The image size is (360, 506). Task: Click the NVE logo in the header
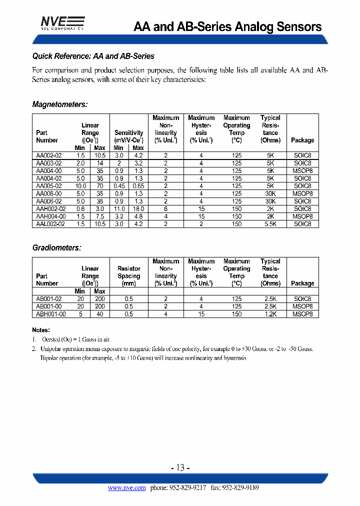pos(62,23)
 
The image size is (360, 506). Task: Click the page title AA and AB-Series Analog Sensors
pos(227,27)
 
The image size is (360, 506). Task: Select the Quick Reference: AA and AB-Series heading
pos(93,56)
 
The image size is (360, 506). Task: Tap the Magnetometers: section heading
pos(60,104)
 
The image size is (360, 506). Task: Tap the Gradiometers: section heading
pos(56,247)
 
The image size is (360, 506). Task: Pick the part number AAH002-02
pos(51,209)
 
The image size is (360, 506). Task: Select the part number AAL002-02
pos(51,224)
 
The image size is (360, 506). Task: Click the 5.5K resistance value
pos(270,224)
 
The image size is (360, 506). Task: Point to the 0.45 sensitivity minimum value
pos(118,186)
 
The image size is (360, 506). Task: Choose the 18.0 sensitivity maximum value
pos(138,209)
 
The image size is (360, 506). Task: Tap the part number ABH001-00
pos(51,314)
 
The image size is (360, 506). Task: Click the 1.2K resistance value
pos(270,314)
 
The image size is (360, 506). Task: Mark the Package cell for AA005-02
pos(302,186)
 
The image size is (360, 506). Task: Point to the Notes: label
pos(41,330)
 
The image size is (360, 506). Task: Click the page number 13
pos(180,467)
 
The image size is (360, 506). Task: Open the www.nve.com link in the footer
pos(126,488)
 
